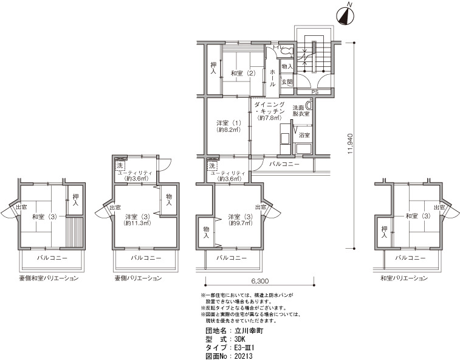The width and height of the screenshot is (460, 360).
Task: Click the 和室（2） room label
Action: pyautogui.click(x=243, y=73)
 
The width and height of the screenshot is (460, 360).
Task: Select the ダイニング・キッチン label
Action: pyautogui.click(x=269, y=108)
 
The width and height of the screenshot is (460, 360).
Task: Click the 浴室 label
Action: pyautogui.click(x=304, y=135)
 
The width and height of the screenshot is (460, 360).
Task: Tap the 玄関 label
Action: pyautogui.click(x=287, y=82)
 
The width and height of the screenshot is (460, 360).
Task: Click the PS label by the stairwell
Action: pyautogui.click(x=315, y=92)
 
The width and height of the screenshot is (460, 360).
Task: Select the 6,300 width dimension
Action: pyautogui.click(x=259, y=281)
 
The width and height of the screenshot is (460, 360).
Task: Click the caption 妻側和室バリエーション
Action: pyautogui.click(x=49, y=278)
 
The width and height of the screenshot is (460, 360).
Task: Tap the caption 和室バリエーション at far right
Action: pyautogui.click(x=404, y=278)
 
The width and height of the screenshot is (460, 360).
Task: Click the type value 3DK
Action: pyautogui.click(x=239, y=339)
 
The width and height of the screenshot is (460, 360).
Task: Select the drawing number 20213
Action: pyautogui.click(x=243, y=356)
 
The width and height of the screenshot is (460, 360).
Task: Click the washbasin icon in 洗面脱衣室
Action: pyautogui.click(x=309, y=104)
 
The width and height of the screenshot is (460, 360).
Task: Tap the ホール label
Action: pyautogui.click(x=272, y=77)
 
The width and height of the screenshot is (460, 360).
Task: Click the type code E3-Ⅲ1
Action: pyautogui.click(x=244, y=348)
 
